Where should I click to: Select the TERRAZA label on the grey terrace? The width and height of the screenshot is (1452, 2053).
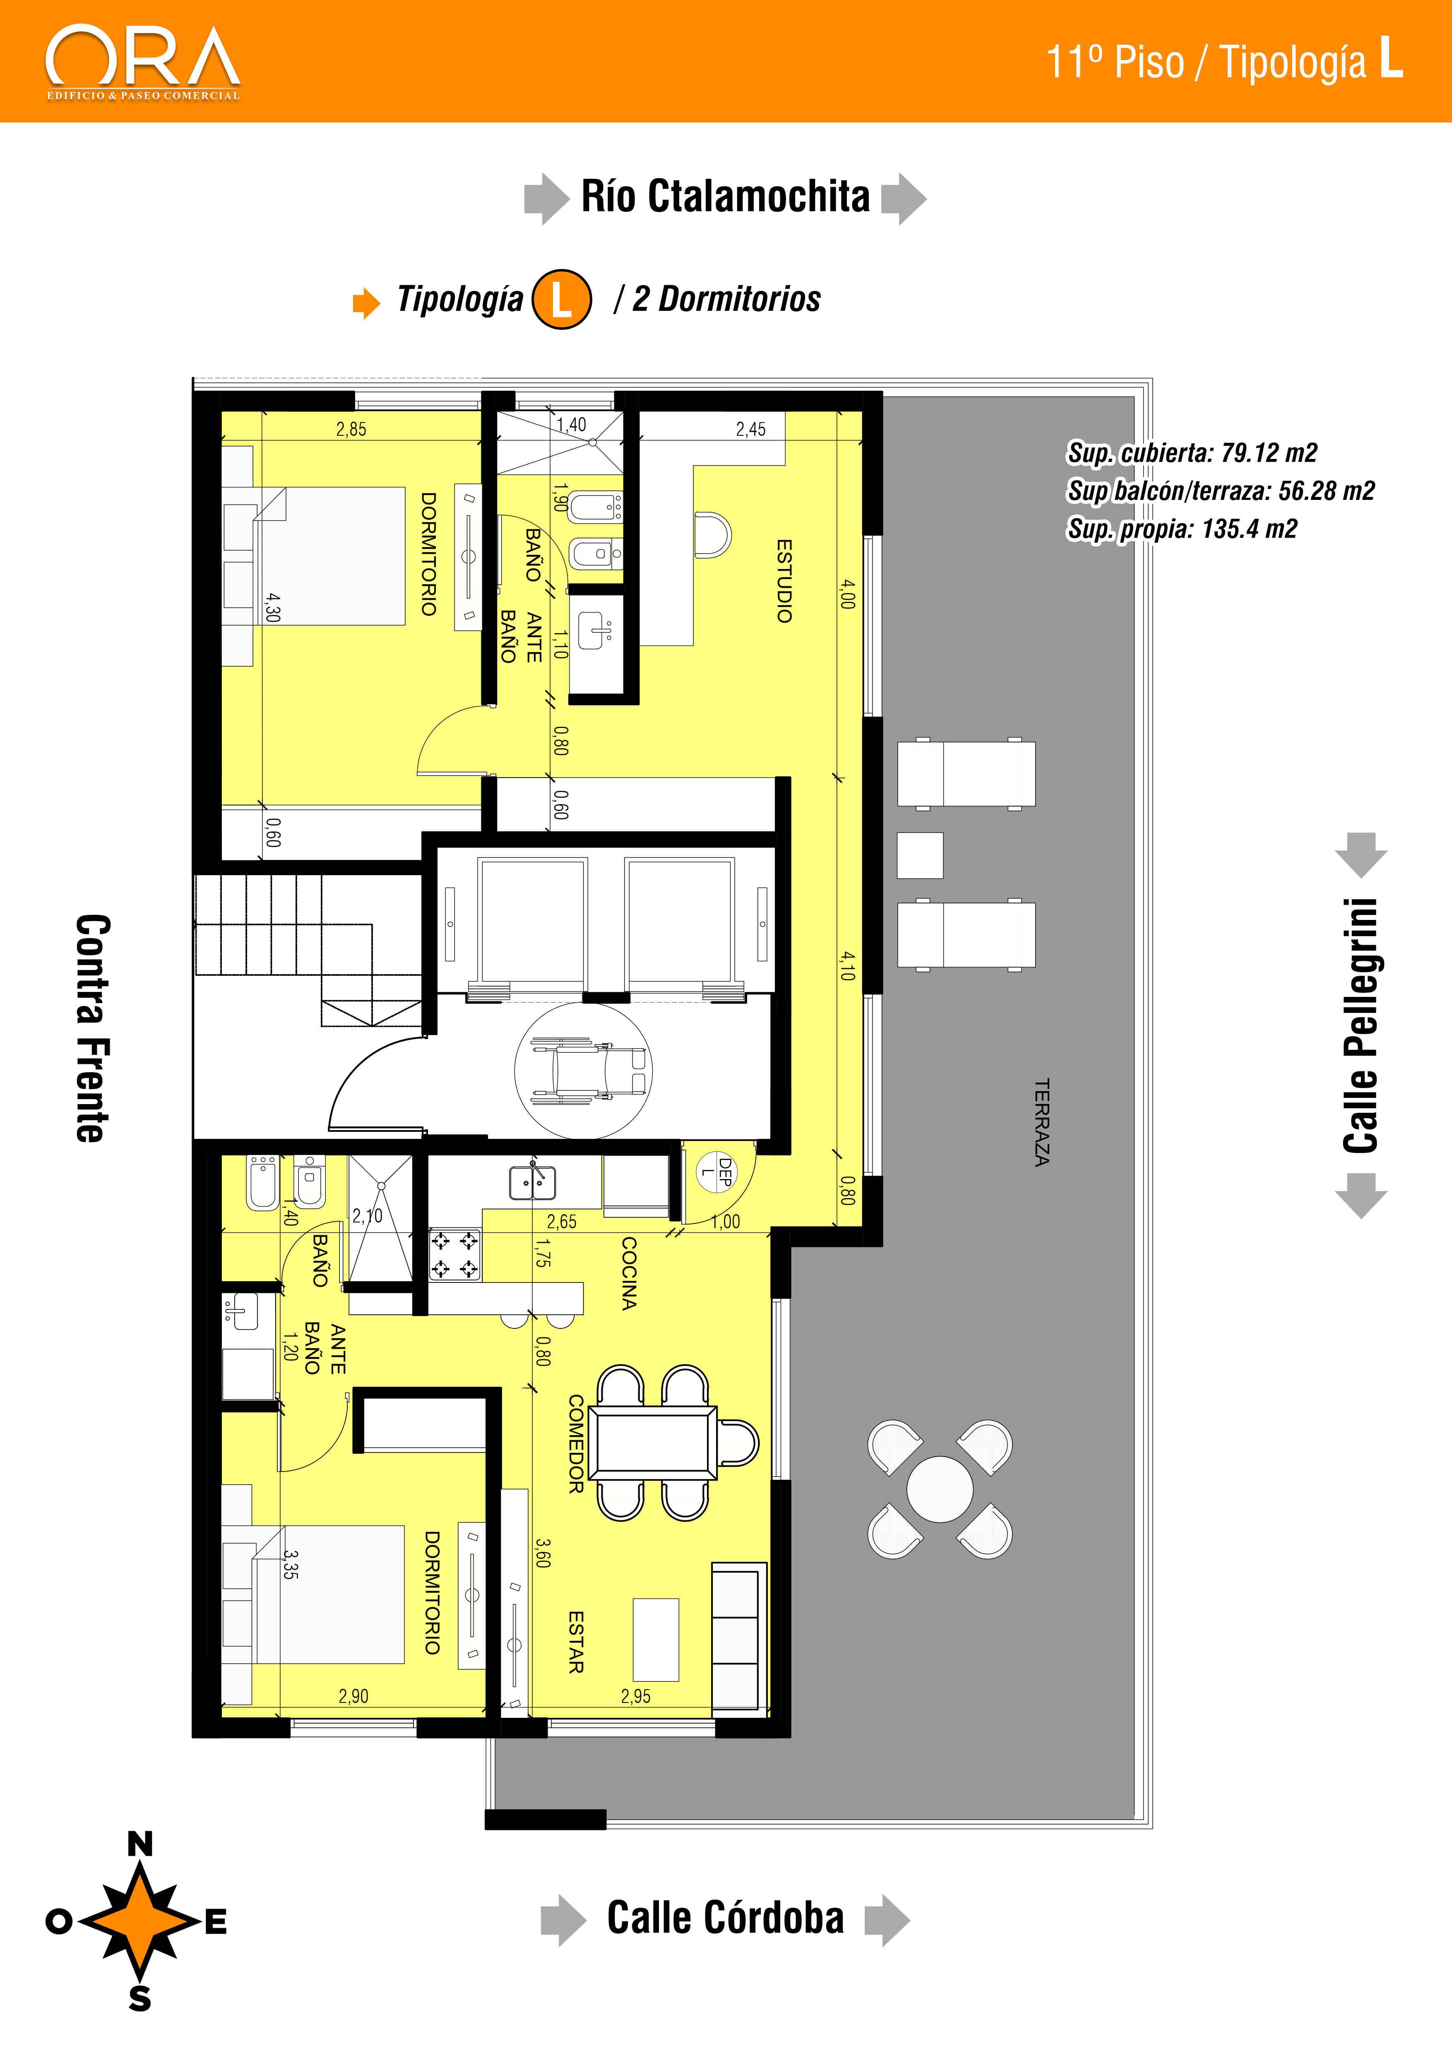pos(1042,1122)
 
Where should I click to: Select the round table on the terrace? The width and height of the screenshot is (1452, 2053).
pos(940,1489)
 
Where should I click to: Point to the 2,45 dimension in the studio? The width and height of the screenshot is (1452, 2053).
pos(751,429)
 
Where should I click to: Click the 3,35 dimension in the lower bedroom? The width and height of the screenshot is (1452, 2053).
pos(291,1565)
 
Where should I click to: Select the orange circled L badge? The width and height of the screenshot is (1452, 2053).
pos(562,299)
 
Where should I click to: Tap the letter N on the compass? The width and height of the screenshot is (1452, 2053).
pos(140,1844)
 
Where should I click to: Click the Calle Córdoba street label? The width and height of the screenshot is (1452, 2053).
pos(725,1918)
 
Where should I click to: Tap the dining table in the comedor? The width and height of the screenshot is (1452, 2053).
pos(653,1442)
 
